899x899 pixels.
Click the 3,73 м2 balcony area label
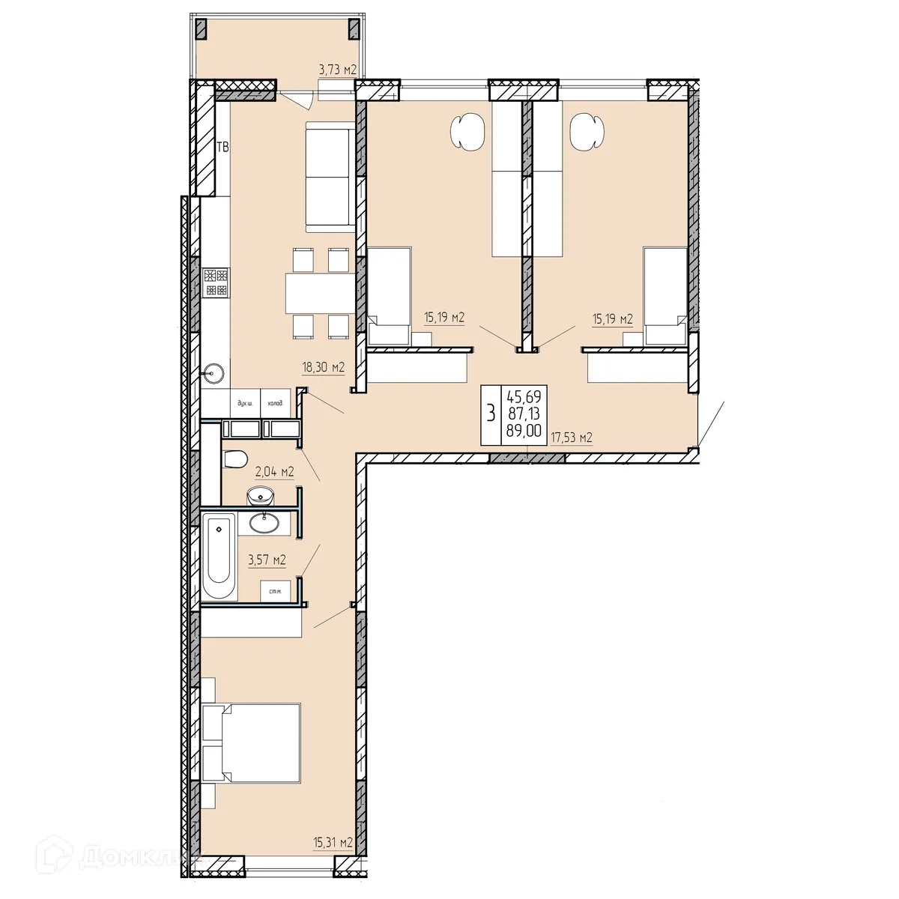click(x=337, y=70)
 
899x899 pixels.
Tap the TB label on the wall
click(x=223, y=147)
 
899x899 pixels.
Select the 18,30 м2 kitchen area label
click(x=323, y=367)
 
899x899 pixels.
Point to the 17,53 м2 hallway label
click(x=572, y=438)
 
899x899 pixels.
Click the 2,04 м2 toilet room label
click(x=274, y=471)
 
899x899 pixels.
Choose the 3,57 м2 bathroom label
click(x=266, y=560)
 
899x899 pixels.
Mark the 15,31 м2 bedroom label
click(x=333, y=842)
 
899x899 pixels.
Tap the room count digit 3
click(x=491, y=413)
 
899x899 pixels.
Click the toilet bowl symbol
click(x=235, y=458)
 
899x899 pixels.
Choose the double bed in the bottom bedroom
click(x=251, y=744)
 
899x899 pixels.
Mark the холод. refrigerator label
click(x=276, y=403)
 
